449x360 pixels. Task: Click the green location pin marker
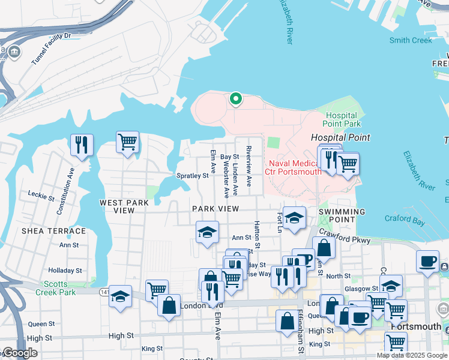tap(236, 98)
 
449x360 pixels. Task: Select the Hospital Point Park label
tap(343, 119)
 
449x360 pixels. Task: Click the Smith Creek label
tap(411, 40)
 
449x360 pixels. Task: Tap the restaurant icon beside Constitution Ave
tap(82, 145)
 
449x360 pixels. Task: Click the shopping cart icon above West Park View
tap(127, 142)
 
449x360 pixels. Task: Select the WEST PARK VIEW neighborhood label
tap(125, 207)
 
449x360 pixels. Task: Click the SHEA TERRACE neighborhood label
tap(53, 231)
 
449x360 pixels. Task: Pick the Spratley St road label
tap(192, 176)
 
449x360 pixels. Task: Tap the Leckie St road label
tap(41, 194)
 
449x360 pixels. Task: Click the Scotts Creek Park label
tap(59, 288)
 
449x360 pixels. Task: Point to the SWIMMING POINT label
tap(342, 216)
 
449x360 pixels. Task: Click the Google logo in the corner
tap(20, 353)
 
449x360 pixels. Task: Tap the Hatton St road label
tap(256, 235)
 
